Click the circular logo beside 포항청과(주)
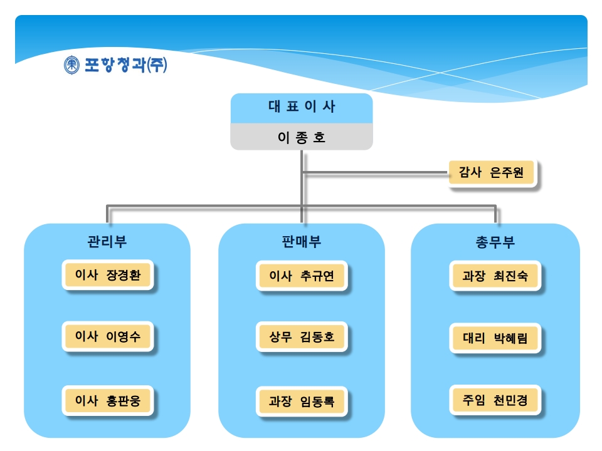71,65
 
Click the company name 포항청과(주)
125,65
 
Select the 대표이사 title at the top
302,106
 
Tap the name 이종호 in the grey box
302,137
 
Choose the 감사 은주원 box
492,172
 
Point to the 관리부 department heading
107,242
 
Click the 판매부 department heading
302,242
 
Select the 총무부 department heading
495,242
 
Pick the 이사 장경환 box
108,274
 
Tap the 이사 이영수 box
108,336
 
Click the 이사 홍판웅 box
108,400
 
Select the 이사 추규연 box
302,276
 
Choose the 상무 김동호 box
302,337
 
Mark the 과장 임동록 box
302,401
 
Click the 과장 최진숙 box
495,276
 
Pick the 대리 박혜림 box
495,338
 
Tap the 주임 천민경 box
495,400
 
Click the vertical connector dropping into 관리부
108,215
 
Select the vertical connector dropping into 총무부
495,215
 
